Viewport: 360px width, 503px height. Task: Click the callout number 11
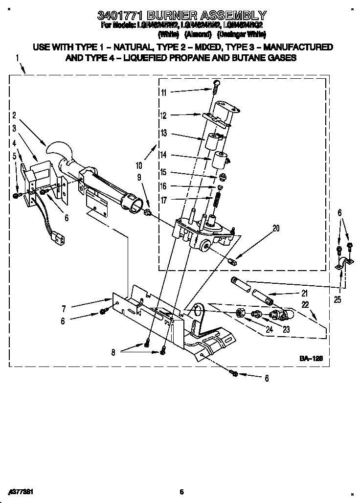tap(163, 92)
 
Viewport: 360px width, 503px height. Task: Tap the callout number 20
tap(276, 228)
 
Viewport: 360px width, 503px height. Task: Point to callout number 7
tap(64, 309)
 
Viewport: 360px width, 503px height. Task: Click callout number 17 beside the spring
tap(163, 200)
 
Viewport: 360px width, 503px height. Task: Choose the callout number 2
tap(14, 115)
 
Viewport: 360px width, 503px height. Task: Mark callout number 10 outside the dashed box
tap(139, 165)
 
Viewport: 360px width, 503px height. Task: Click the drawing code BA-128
tap(311, 359)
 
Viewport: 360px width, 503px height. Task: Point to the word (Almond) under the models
tap(198, 34)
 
